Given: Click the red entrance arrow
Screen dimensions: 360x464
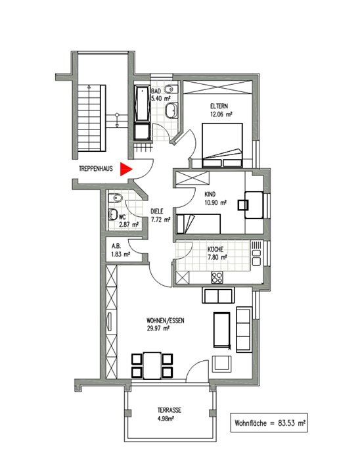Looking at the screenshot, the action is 125,169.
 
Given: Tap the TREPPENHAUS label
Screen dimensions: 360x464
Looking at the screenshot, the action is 95,169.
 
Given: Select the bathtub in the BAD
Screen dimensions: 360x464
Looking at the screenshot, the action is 143,104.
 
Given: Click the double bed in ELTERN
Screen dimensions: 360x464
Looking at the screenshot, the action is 222,145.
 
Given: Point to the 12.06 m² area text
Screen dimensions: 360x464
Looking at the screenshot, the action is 221,114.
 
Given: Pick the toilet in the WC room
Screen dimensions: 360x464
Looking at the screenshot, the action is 116,198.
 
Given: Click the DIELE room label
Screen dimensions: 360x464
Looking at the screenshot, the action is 157,212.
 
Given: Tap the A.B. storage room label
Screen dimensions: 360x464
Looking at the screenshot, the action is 116,246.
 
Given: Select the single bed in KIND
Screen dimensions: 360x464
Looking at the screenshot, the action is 198,223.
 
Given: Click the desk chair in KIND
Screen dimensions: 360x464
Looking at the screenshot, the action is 243,205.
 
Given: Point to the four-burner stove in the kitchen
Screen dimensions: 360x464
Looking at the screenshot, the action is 217,277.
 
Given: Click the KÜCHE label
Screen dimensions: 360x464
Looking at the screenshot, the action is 215,250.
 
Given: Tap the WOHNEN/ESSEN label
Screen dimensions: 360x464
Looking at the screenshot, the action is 166,321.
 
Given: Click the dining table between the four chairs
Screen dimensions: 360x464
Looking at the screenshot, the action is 152,365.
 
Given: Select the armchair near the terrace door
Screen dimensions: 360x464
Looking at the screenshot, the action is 222,363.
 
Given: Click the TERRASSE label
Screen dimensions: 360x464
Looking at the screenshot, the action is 169,411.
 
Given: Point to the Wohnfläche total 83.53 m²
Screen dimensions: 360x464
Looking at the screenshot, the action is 270,423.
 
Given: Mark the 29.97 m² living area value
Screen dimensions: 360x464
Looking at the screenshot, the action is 158,328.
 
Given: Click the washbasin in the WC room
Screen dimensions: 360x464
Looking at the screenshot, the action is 113,214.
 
